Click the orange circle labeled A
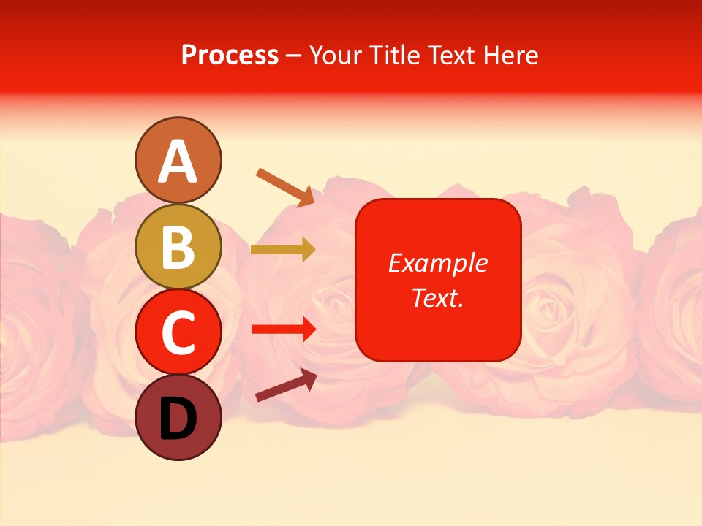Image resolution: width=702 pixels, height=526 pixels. [x=178, y=160]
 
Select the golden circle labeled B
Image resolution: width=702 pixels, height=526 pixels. [x=178, y=246]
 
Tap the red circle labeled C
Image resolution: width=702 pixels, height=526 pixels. [x=178, y=332]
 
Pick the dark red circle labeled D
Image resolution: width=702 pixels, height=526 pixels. [x=178, y=417]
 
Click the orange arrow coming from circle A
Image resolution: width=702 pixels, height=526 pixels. [x=285, y=186]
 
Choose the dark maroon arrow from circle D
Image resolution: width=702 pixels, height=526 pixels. [x=286, y=385]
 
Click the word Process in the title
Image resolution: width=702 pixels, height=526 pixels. [x=230, y=55]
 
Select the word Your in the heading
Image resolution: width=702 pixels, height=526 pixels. [x=337, y=55]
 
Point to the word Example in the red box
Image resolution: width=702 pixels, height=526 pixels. [x=437, y=263]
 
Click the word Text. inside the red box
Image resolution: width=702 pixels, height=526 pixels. [x=437, y=297]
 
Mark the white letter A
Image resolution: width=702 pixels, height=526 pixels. [x=178, y=161]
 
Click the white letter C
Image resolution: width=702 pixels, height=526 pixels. [x=178, y=332]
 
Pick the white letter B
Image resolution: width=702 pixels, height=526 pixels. [x=178, y=247]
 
